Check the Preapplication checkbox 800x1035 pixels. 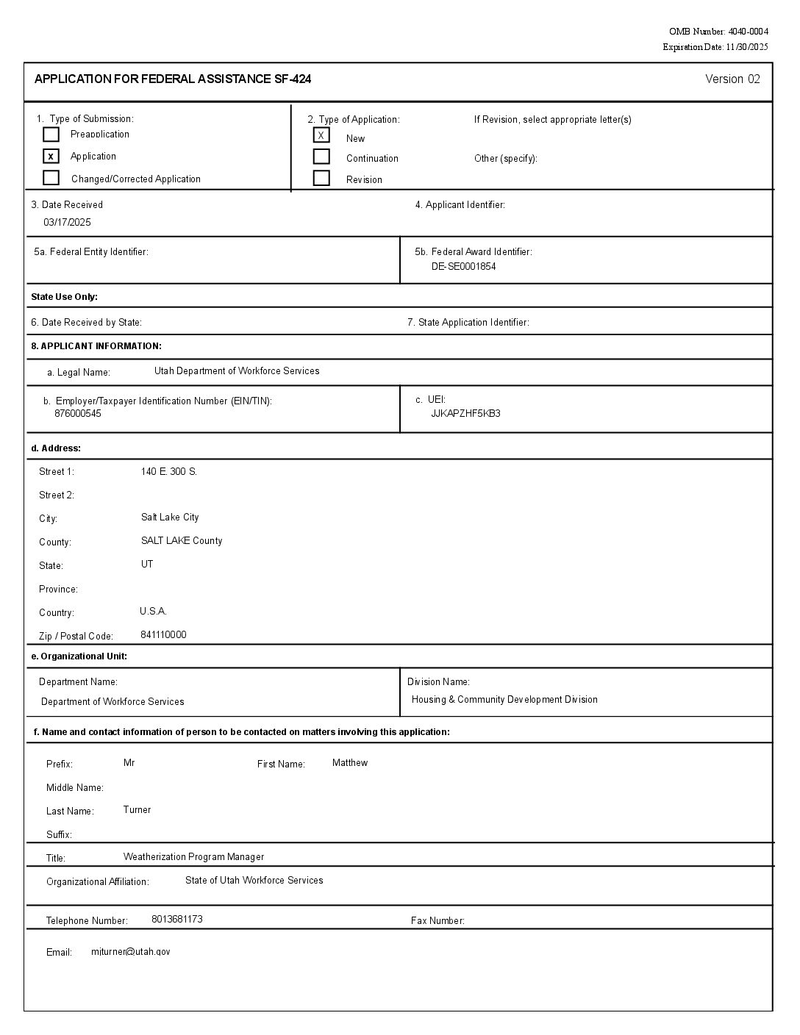tap(51, 135)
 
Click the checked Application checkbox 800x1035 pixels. tap(51, 156)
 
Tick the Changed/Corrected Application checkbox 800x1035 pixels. tap(51, 178)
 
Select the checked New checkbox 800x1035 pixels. tap(321, 135)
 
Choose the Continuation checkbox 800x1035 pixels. tap(321, 157)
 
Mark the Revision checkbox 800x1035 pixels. tap(321, 178)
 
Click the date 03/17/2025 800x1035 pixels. tap(67, 222)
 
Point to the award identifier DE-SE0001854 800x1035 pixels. tap(463, 266)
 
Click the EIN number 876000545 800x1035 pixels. tap(78, 413)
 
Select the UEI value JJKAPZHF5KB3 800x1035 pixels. tap(465, 413)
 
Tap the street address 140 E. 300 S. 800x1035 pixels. tap(169, 471)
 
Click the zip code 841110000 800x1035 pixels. tap(163, 634)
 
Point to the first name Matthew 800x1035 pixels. tap(350, 762)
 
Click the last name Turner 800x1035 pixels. tap(137, 809)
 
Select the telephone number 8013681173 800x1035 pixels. tap(177, 919)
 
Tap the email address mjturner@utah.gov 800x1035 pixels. tap(131, 951)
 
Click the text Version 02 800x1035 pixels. tap(732, 79)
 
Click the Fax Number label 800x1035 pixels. tap(438, 920)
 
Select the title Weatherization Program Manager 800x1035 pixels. tap(193, 856)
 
